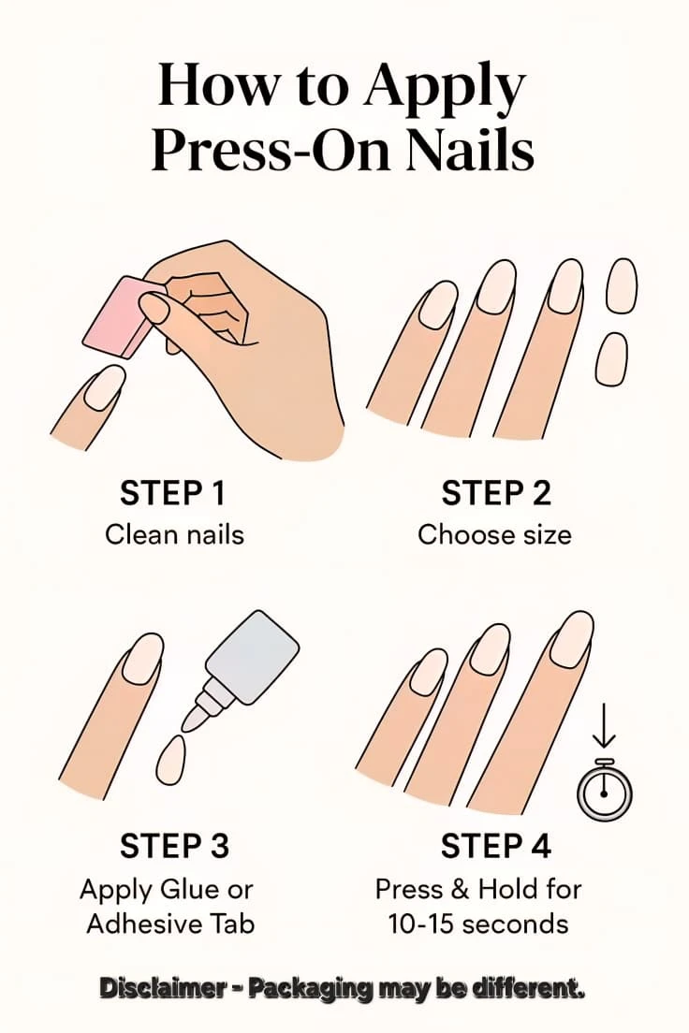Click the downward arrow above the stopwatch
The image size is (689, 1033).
(x=603, y=727)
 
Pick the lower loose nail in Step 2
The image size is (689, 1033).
(x=611, y=359)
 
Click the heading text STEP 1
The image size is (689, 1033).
(x=173, y=493)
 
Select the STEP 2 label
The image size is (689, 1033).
(x=496, y=493)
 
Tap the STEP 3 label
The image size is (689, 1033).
(x=175, y=846)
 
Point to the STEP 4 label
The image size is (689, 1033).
(x=496, y=846)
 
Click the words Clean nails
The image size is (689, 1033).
(x=175, y=534)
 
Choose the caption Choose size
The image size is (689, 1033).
(x=494, y=534)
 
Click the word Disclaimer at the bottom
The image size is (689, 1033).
(x=162, y=987)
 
